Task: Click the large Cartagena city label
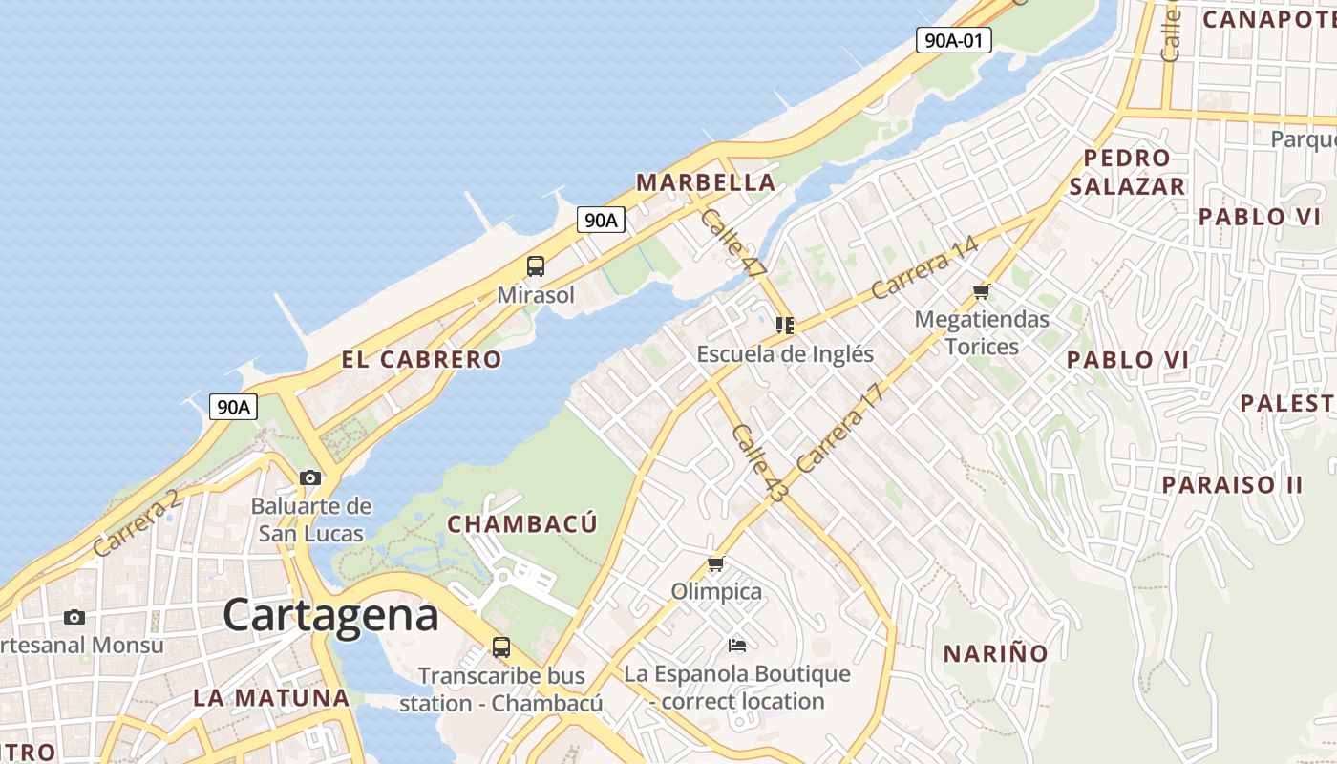pos(330,615)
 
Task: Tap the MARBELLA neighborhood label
pos(706,182)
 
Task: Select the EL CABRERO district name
pos(421,360)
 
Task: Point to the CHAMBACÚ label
pos(522,524)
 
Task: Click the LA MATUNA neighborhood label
pos(271,697)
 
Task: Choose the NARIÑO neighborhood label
pos(996,654)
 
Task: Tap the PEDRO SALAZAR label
pos(1127,172)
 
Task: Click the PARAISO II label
pos(1232,484)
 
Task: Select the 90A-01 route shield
pos(953,40)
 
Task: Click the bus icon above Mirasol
pos(536,266)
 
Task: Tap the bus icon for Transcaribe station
pos(501,647)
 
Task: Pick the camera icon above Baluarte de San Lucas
pos(310,477)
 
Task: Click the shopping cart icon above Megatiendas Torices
pos(982,291)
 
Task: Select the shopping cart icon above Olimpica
pos(716,563)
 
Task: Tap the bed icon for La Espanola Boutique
pos(737,646)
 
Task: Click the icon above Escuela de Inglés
pos(785,326)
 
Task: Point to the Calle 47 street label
pos(732,244)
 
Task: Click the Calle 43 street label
pos(760,463)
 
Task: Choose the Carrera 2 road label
pos(138,523)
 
